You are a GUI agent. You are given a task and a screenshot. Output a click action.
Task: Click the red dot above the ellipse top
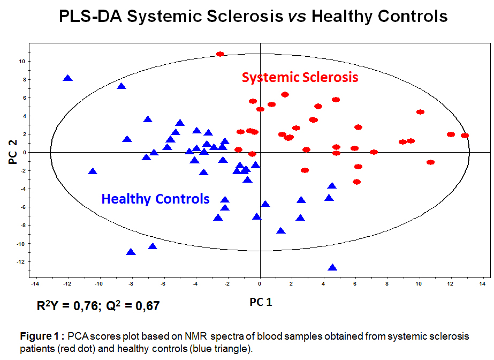(x=220, y=54)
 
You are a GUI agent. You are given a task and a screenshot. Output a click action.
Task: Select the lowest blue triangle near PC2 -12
(x=332, y=267)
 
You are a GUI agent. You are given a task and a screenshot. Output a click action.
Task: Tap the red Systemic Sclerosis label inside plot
(x=300, y=78)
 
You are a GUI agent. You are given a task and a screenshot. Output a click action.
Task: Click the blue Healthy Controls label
(x=156, y=199)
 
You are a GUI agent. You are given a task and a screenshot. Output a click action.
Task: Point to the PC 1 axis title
(x=261, y=302)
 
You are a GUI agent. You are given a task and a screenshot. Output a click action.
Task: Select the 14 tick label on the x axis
(x=483, y=283)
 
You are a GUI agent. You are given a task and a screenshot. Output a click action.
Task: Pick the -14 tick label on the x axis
(x=35, y=283)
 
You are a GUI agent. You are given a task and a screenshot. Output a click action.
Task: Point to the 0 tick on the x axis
(x=260, y=283)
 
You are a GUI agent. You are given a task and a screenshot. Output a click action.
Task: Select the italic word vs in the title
(x=297, y=17)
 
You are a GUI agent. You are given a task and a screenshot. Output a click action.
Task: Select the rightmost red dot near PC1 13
(x=465, y=136)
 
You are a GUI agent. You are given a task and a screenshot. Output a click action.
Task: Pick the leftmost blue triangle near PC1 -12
(x=67, y=78)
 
